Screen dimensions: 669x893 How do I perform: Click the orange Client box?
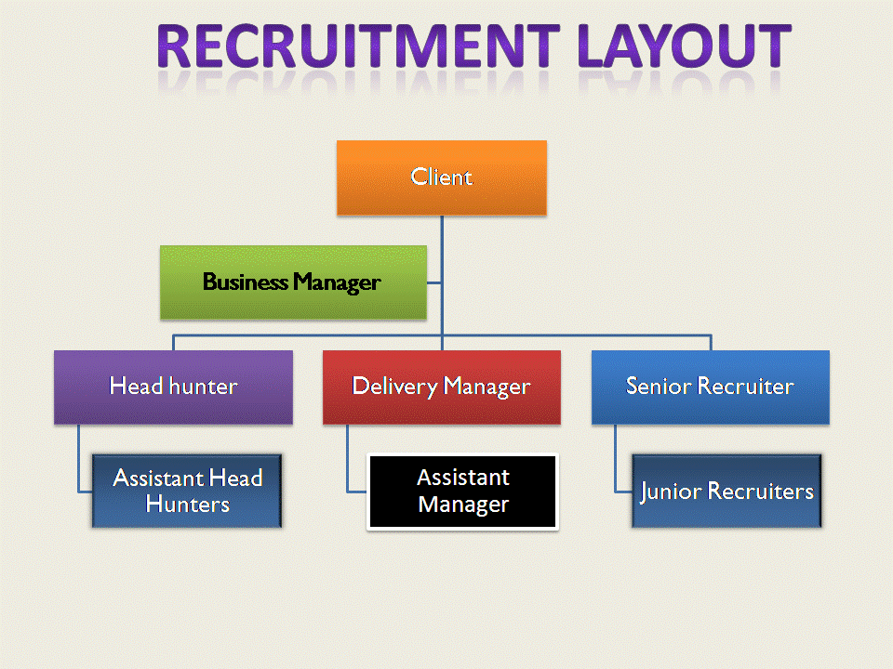coord(441,177)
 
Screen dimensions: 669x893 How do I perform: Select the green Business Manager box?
coord(293,282)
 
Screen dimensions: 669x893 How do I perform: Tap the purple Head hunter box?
coord(173,387)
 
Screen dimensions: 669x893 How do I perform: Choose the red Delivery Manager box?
coord(441,387)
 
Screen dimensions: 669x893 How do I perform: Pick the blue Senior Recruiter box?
coord(710,387)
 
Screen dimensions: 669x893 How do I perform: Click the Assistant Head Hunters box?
coord(187,491)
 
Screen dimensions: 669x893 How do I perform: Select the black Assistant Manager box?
coord(462,492)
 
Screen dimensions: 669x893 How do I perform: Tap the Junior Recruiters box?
coord(726,491)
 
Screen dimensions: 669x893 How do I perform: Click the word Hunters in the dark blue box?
coord(188,505)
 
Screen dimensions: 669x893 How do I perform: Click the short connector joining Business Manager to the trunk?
coord(434,282)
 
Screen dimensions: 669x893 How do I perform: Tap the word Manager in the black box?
coord(463,505)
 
